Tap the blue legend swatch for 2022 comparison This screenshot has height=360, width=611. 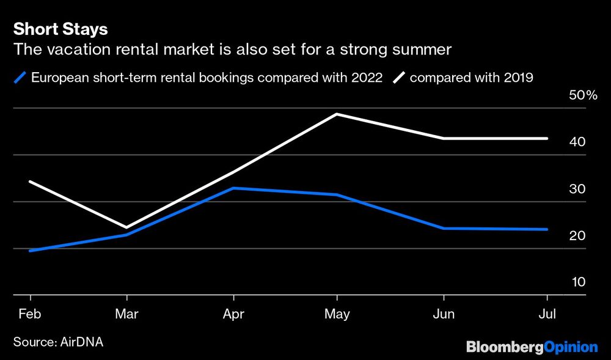pyautogui.click(x=20, y=78)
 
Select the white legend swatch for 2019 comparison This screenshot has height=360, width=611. pyautogui.click(x=400, y=78)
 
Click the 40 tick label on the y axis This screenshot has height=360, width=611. pyautogui.click(x=578, y=142)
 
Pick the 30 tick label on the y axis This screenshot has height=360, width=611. pyautogui.click(x=578, y=189)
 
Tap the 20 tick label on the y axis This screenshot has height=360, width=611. pyautogui.click(x=578, y=236)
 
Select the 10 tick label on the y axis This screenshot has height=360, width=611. pyautogui.click(x=578, y=282)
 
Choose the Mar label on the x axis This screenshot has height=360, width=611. pyautogui.click(x=126, y=314)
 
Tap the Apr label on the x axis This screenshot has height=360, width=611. pyautogui.click(x=233, y=314)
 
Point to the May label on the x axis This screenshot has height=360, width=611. pyautogui.click(x=337, y=314)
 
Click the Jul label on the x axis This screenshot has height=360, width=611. pyautogui.click(x=547, y=314)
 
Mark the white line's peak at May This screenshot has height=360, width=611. pyautogui.click(x=337, y=114)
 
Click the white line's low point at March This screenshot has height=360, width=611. pyautogui.click(x=126, y=227)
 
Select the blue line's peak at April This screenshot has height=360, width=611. pyautogui.click(x=233, y=188)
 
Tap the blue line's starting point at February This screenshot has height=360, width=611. pyautogui.click(x=30, y=251)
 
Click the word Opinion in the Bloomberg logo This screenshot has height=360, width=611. pyautogui.click(x=571, y=347)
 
